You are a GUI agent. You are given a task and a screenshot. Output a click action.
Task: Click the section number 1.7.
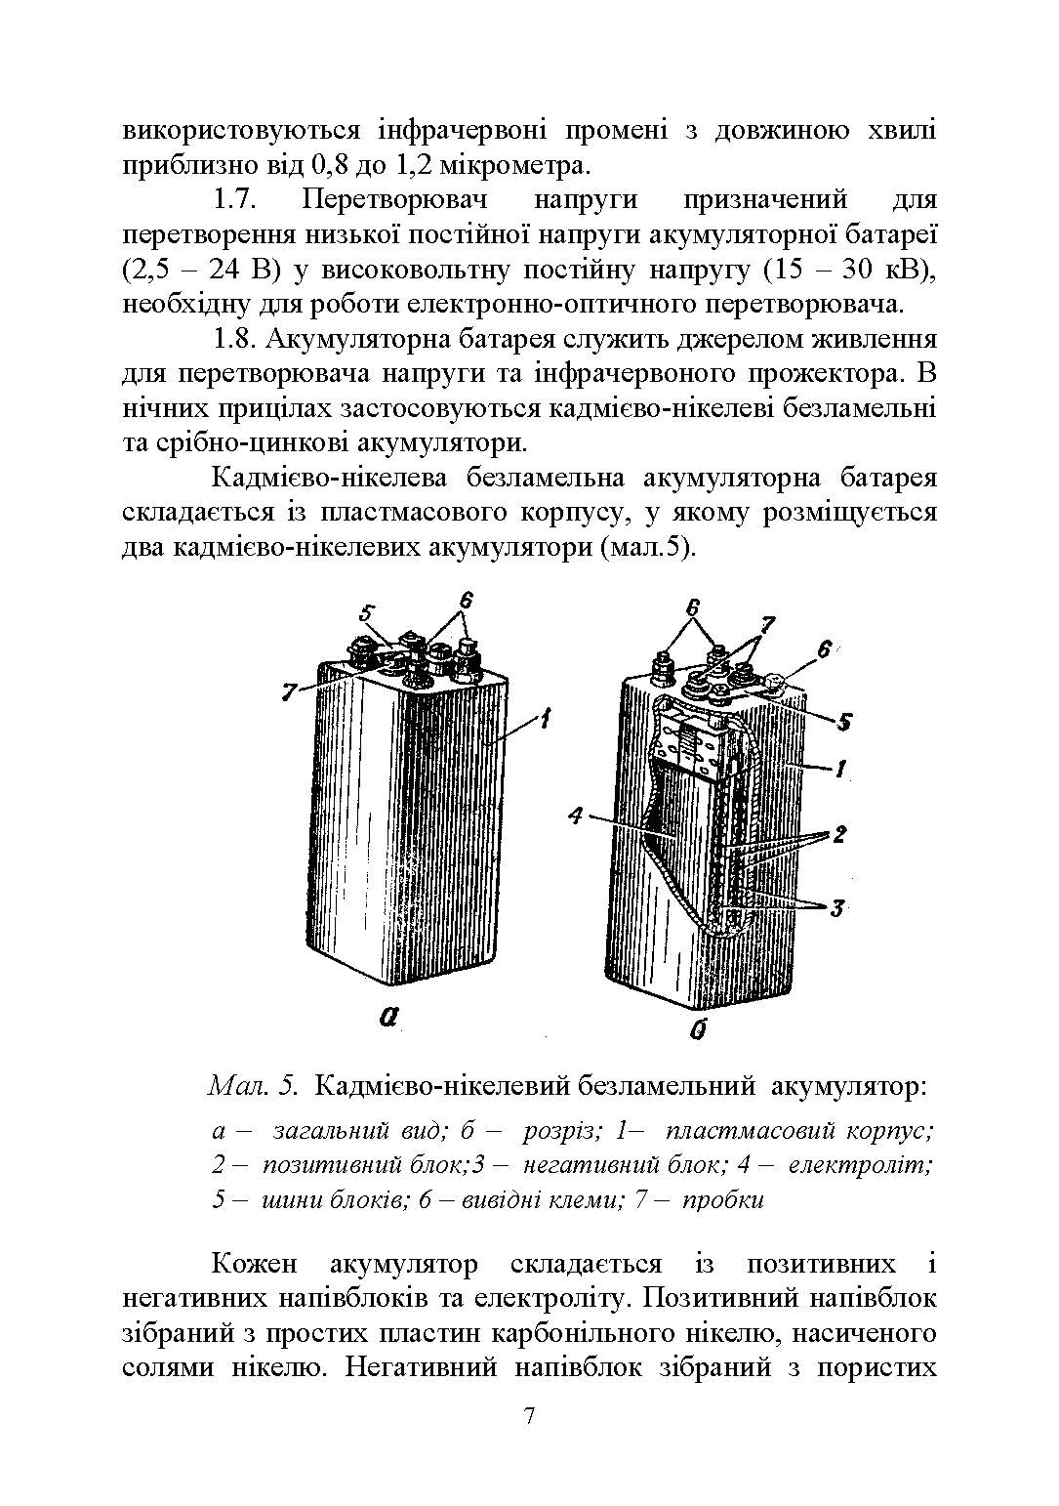[x=233, y=200]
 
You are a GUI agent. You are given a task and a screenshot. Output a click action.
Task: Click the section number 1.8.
[x=233, y=340]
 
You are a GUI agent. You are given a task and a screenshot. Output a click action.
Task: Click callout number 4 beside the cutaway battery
[x=575, y=816]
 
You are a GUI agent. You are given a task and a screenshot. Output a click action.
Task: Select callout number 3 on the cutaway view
[x=836, y=909]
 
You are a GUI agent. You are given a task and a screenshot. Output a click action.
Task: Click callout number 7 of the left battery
[x=289, y=691]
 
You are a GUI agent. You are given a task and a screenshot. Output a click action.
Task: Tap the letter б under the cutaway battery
[x=697, y=1029]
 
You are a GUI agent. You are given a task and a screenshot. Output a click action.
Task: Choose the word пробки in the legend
[x=723, y=1199]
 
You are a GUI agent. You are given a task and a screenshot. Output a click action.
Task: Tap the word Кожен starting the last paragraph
[x=254, y=1264]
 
